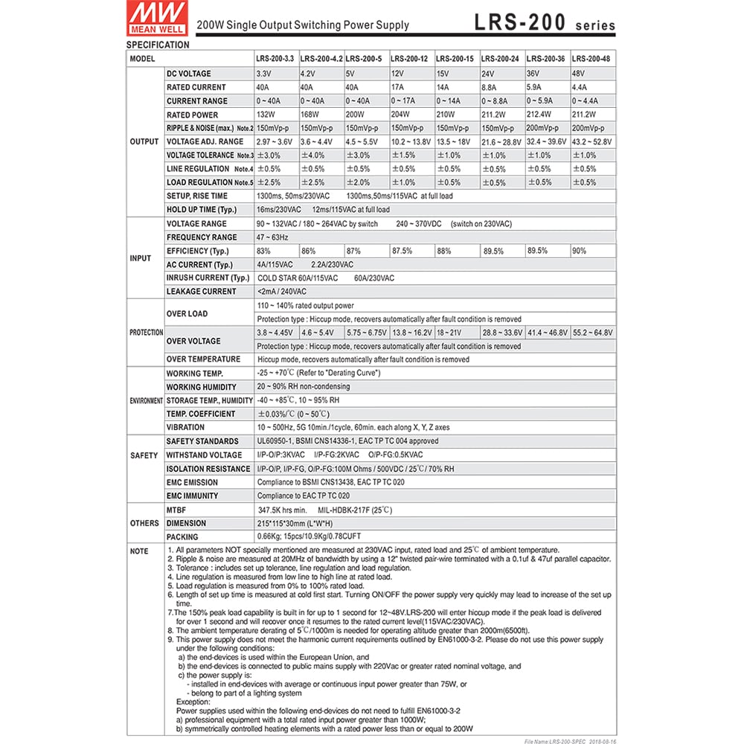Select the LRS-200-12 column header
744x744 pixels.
[x=411, y=58]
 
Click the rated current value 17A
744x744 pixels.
[x=399, y=87]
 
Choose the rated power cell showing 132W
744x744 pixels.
[x=266, y=115]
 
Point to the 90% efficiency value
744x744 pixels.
[x=580, y=251]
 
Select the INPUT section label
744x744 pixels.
[x=141, y=258]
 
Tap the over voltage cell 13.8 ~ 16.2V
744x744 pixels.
[x=411, y=333]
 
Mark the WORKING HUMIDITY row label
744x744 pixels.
[x=201, y=387]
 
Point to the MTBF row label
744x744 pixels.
[x=177, y=510]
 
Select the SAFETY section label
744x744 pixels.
[x=144, y=455]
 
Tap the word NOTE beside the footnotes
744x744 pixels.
[x=139, y=551]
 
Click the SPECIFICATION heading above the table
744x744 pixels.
[x=158, y=45]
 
